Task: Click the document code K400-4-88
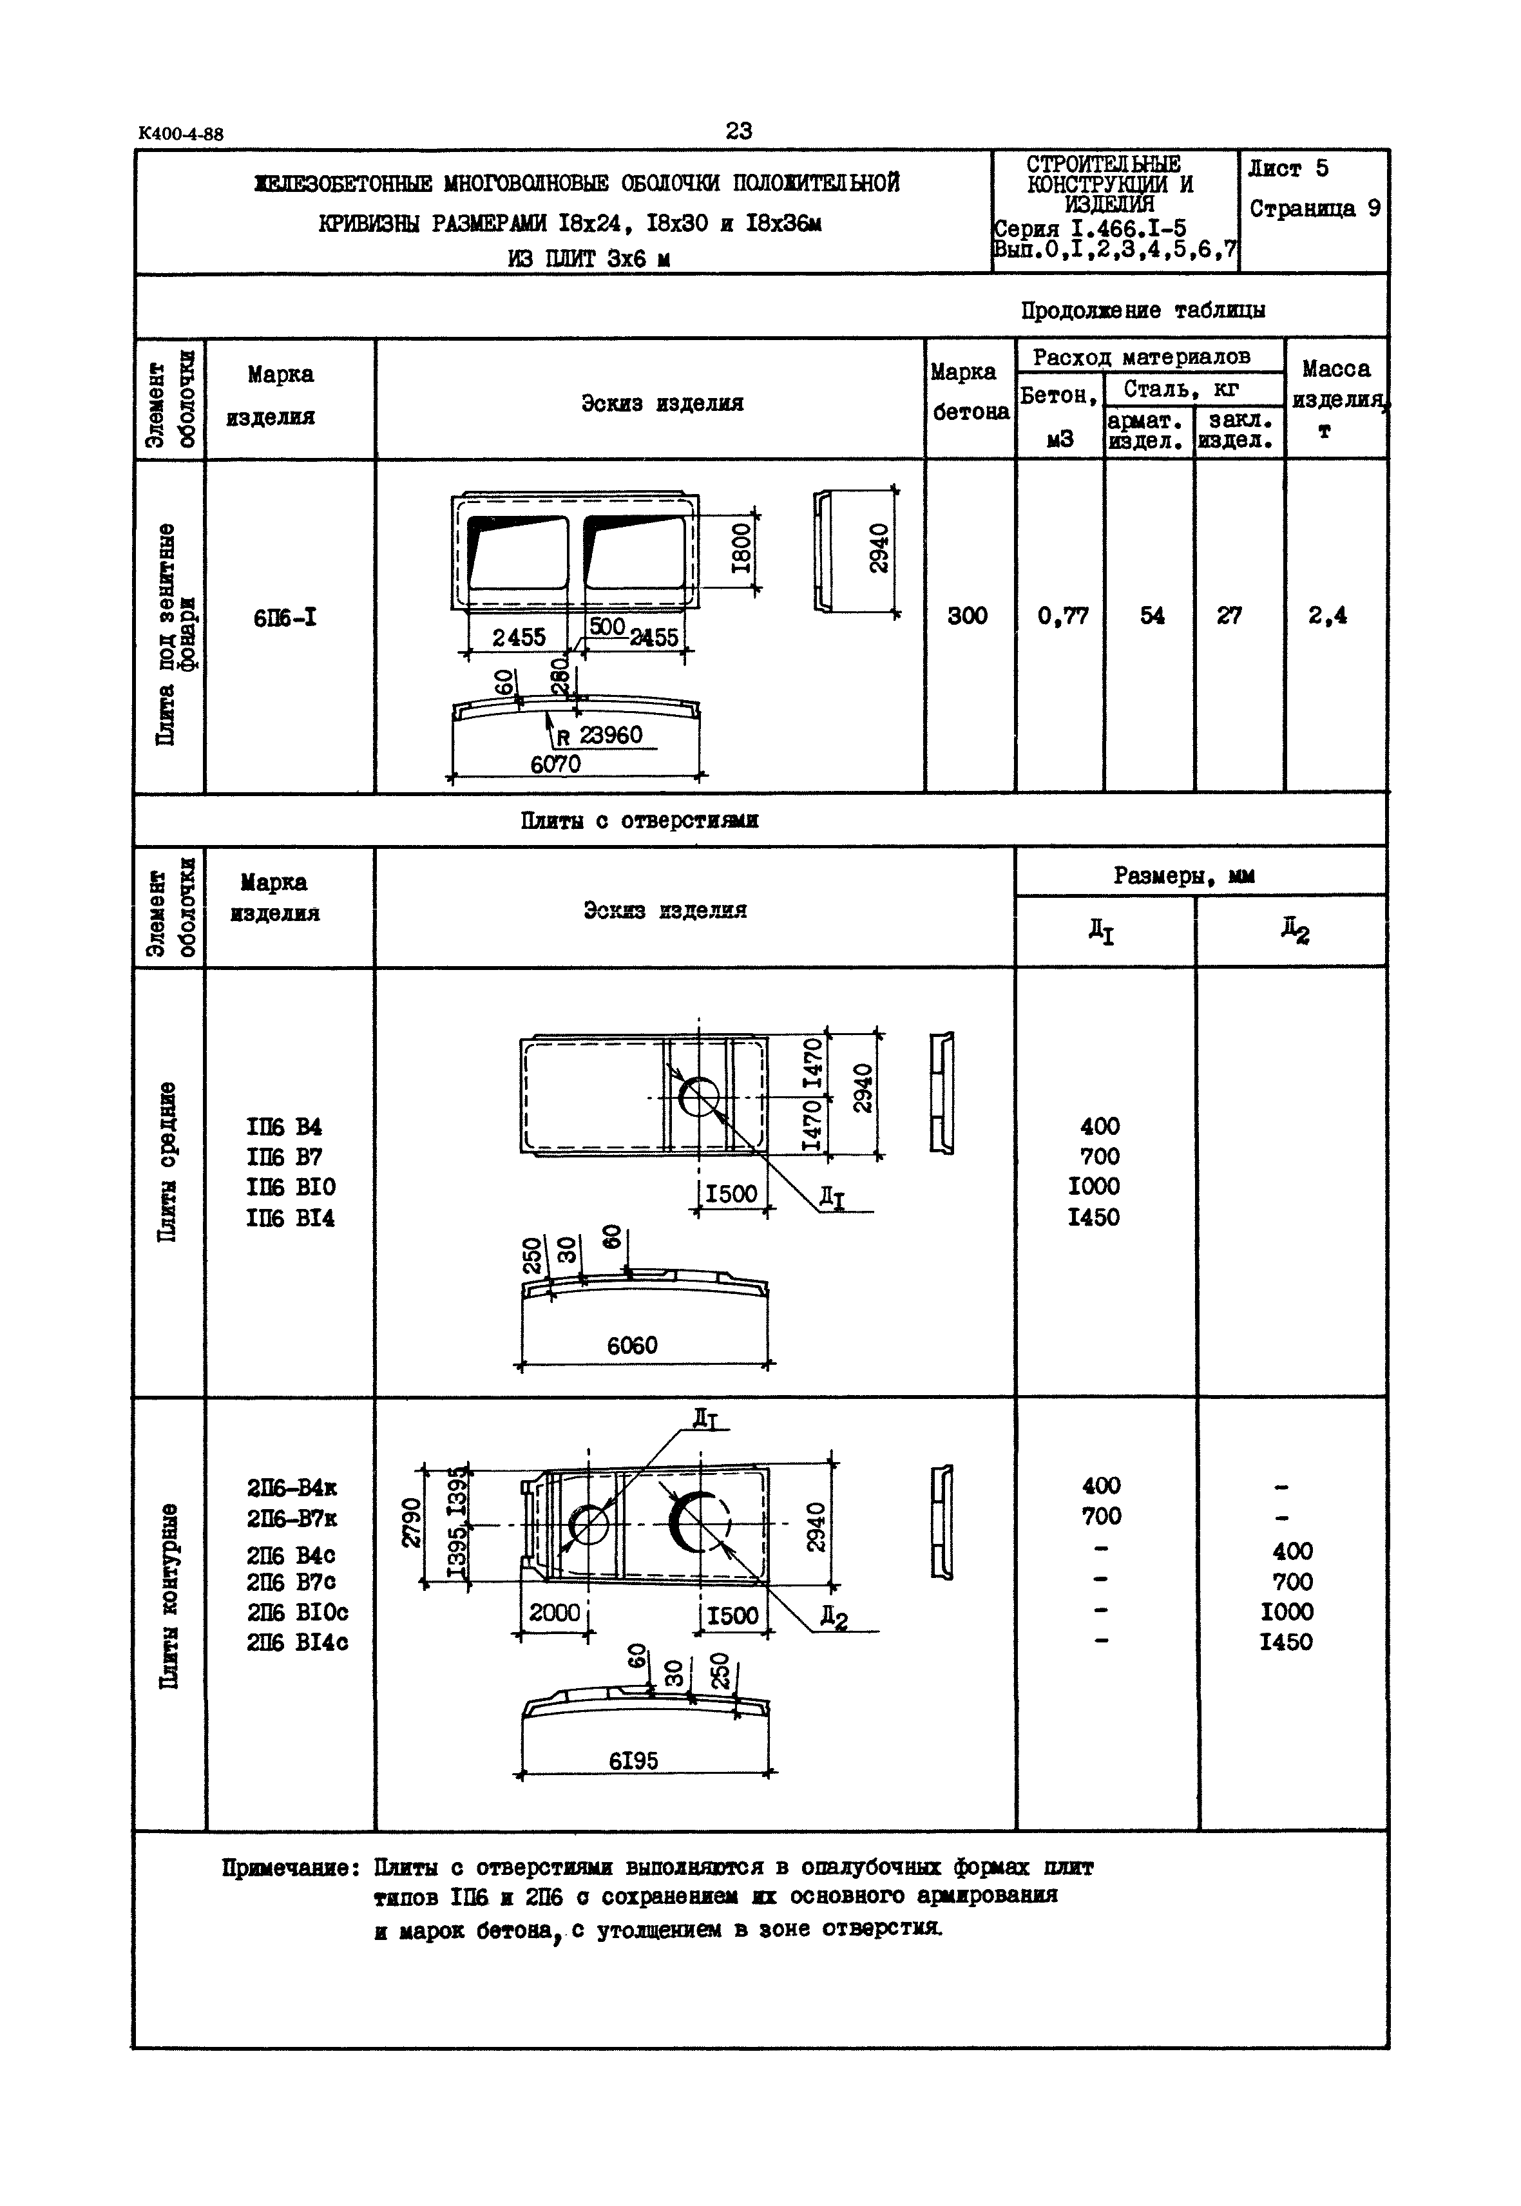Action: pos(181,133)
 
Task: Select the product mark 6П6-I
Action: pos(285,618)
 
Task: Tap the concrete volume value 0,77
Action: pos(1062,616)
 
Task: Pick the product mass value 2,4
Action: pos(1328,616)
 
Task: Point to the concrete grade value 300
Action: pos(968,616)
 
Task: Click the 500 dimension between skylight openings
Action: pos(606,626)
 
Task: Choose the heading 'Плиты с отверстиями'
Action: pos(640,821)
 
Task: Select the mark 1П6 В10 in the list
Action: pos(291,1187)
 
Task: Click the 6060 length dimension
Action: pos(632,1345)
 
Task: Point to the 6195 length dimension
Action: pos(634,1761)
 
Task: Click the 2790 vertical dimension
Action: pos(412,1522)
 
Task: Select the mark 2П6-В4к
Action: pos(292,1487)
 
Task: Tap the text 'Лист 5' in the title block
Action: pos(1288,169)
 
